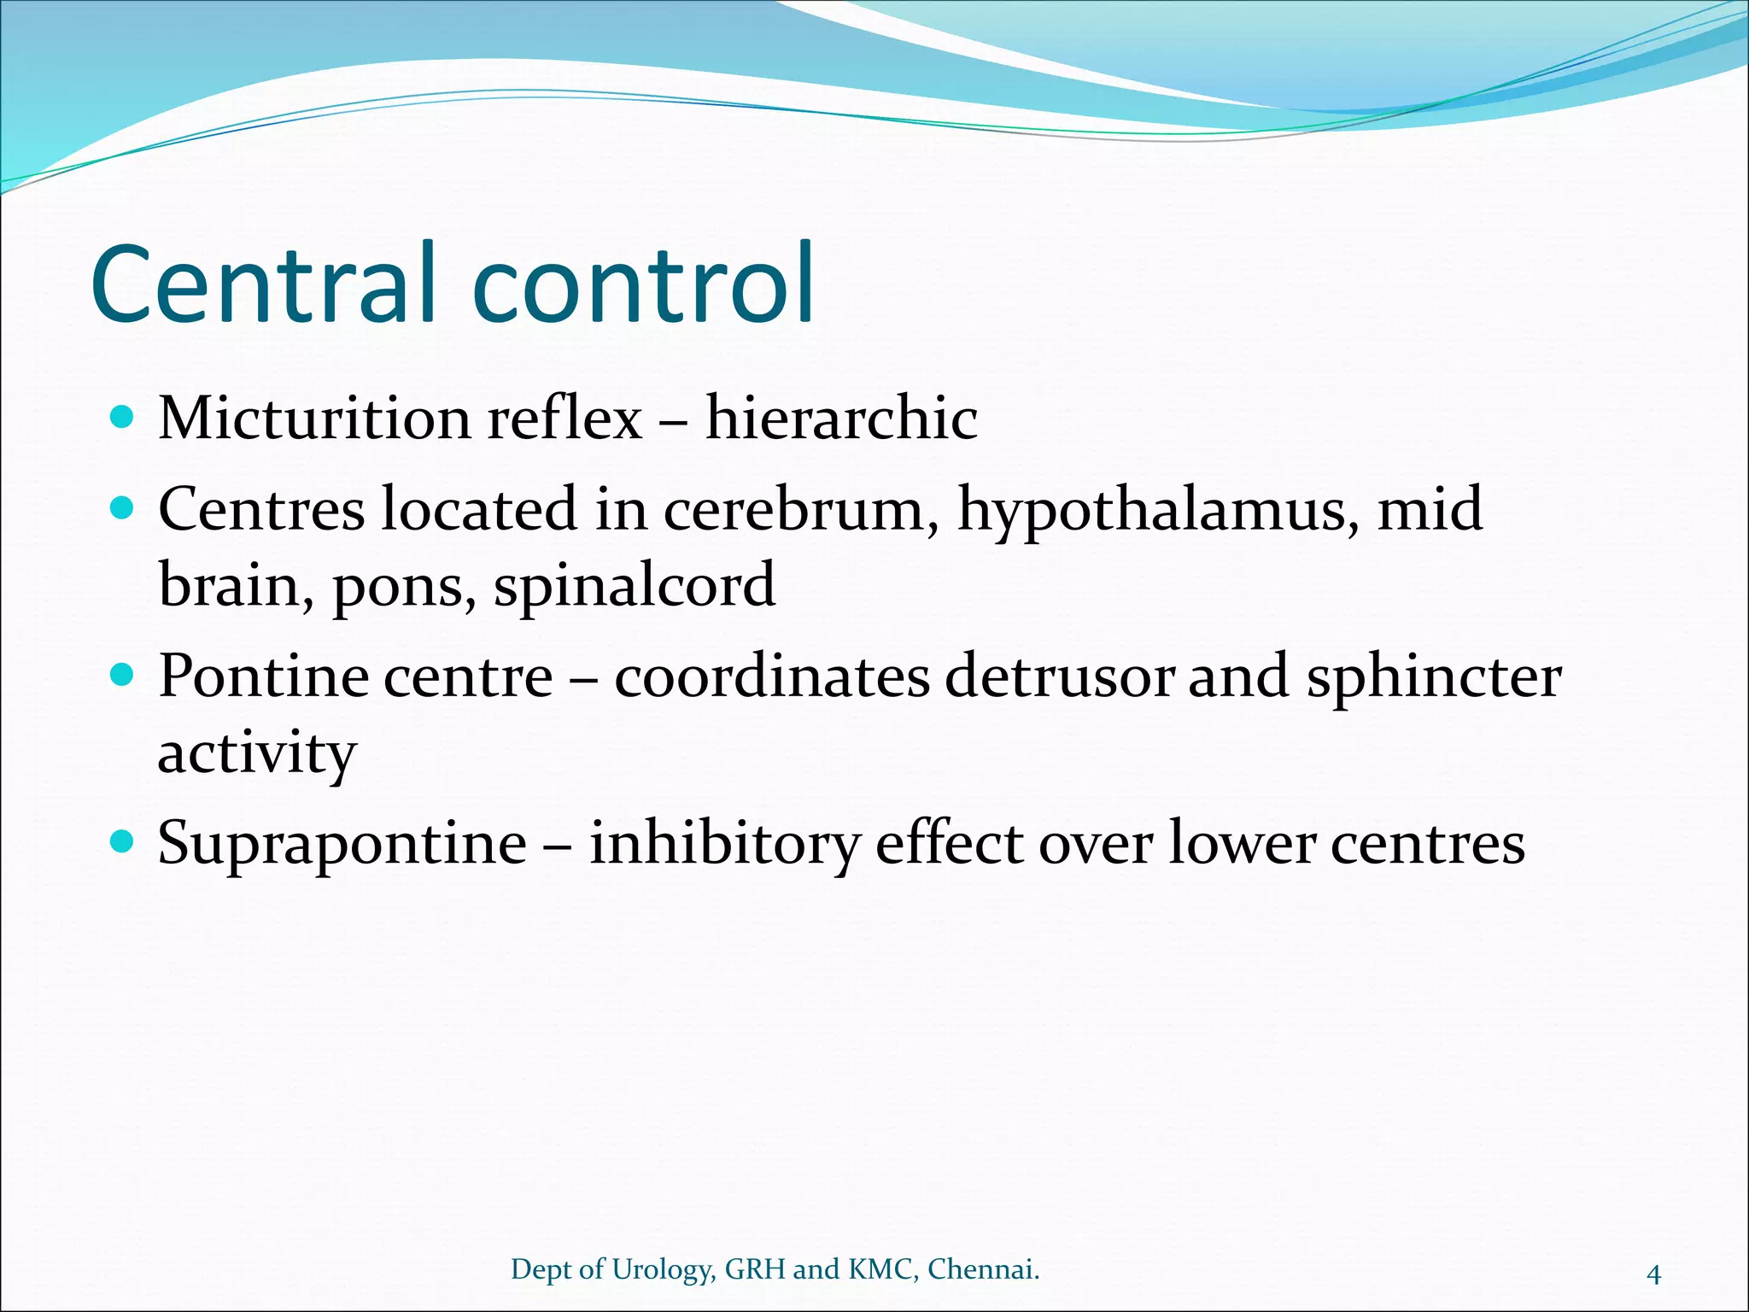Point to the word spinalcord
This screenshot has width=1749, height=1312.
pos(635,588)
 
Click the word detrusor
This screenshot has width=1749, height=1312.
pos(1060,677)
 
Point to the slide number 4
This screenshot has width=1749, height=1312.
pos(1653,1275)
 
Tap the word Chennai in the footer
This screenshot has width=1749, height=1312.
pos(983,1269)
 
